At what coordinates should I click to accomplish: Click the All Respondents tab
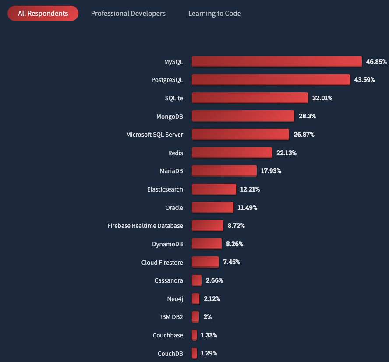point(43,13)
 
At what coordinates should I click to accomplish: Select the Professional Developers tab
point(128,13)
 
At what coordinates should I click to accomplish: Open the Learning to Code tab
point(214,13)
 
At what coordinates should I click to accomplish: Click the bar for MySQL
point(276,61)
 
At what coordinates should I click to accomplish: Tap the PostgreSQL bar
point(271,80)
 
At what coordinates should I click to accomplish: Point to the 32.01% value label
point(322,98)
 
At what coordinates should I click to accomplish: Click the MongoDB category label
point(170,116)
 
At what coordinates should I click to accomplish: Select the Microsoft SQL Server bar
point(240,134)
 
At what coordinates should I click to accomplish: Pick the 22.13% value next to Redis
point(286,153)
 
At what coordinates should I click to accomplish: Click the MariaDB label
point(171,171)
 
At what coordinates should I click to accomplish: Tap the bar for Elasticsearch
point(214,189)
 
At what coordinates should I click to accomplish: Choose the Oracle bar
point(212,207)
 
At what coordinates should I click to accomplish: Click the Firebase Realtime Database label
point(145,226)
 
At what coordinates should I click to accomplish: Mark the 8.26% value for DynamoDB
point(234,244)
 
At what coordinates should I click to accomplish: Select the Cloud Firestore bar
point(205,262)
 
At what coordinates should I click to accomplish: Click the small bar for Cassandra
point(197,280)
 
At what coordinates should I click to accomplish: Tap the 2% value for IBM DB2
point(207,317)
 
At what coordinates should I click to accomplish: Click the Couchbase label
point(168,335)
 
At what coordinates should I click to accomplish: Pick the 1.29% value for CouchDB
point(209,353)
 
